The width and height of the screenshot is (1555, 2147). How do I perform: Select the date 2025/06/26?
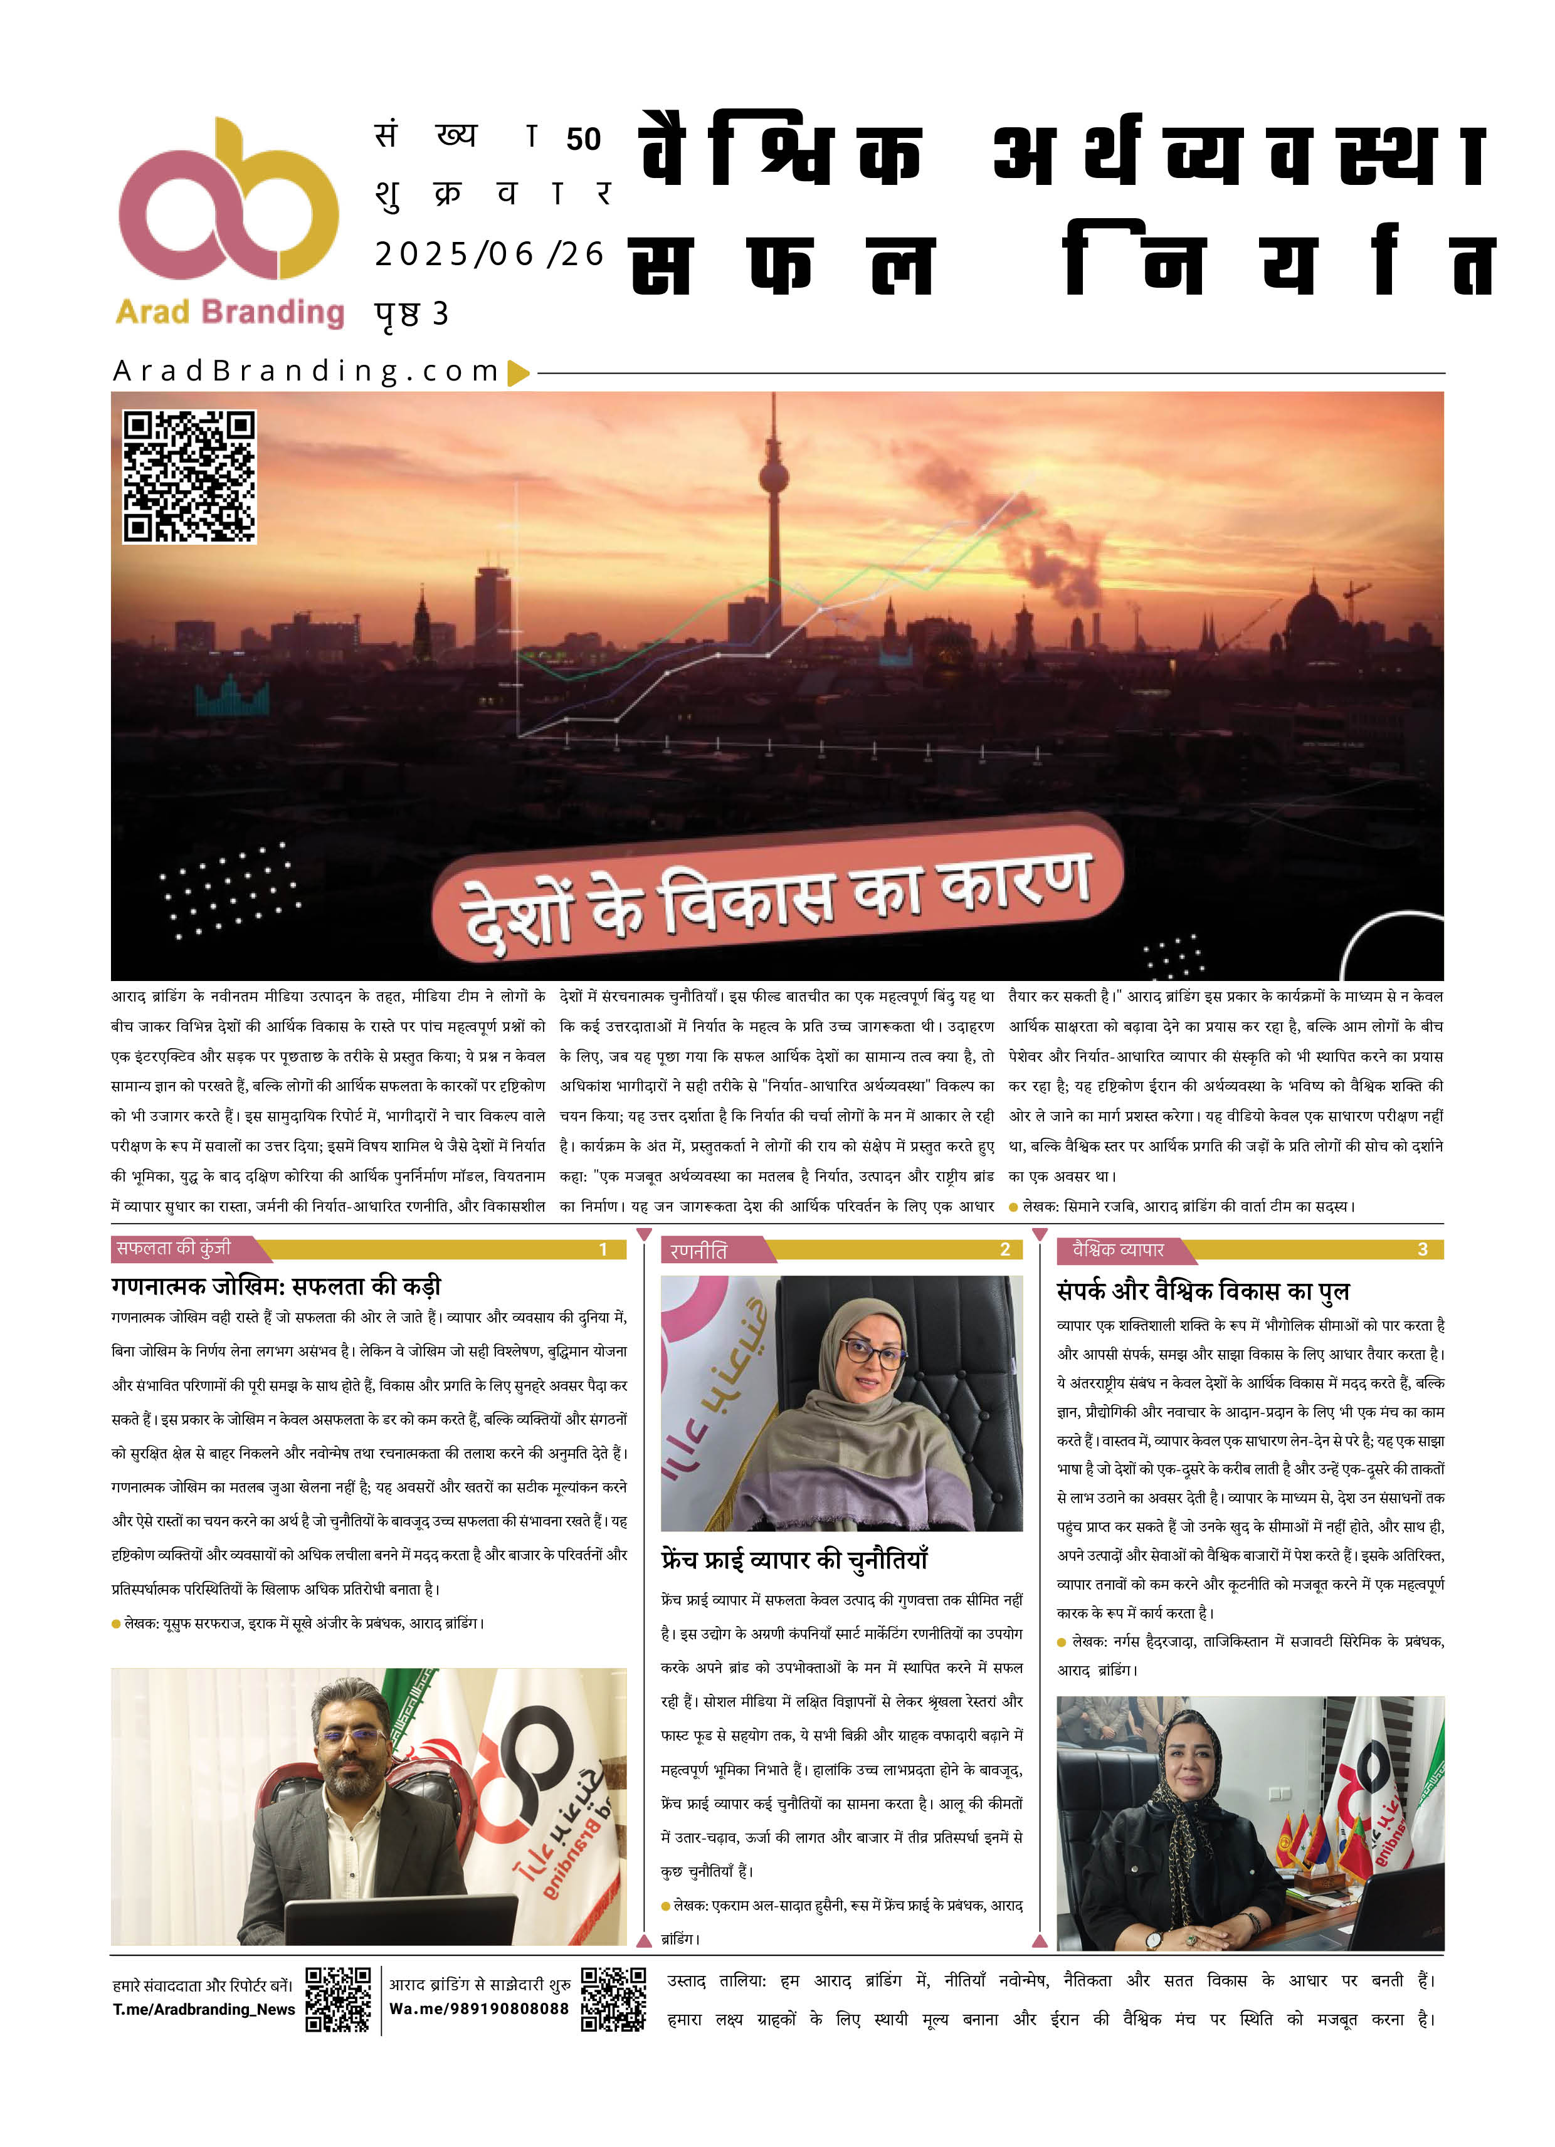click(x=488, y=254)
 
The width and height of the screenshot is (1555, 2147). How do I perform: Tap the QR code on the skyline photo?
click(x=189, y=476)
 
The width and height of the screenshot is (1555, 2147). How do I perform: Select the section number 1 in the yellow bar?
click(x=603, y=1249)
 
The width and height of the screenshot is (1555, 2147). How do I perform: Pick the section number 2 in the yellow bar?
click(x=1004, y=1249)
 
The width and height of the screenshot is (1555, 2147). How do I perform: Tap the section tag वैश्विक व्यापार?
click(x=1117, y=1249)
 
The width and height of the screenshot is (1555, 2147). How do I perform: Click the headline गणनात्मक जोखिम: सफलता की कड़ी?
click(x=276, y=1286)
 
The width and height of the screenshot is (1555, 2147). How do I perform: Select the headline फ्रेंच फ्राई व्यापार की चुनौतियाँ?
click(x=794, y=1559)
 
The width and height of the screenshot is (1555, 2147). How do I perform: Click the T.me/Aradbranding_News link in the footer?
click(x=204, y=2009)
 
